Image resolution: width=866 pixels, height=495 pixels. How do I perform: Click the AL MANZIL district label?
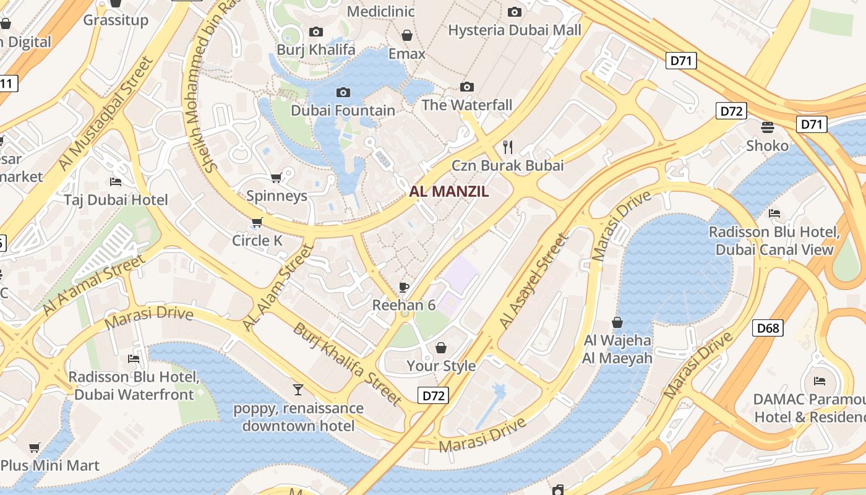pyautogui.click(x=457, y=191)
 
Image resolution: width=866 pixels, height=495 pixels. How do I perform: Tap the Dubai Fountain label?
pyautogui.click(x=343, y=111)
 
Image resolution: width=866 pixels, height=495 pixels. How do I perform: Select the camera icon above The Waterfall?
pyautogui.click(x=467, y=87)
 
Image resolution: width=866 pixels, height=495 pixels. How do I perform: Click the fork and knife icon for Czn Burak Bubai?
pyautogui.click(x=508, y=147)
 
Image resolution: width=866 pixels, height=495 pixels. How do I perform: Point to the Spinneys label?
pyautogui.click(x=277, y=196)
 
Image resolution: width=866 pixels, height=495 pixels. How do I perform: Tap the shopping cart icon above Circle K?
pyautogui.click(x=257, y=222)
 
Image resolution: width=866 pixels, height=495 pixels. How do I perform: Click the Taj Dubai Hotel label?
pyautogui.click(x=116, y=200)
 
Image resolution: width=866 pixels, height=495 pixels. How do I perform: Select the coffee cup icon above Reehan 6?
pyautogui.click(x=404, y=287)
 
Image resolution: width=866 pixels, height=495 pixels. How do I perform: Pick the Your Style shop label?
pyautogui.click(x=441, y=366)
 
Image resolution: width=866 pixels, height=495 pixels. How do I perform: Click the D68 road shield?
pyautogui.click(x=768, y=327)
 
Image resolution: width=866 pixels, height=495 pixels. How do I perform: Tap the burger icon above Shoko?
pyautogui.click(x=768, y=127)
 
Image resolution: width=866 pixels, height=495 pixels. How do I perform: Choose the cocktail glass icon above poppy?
pyautogui.click(x=298, y=390)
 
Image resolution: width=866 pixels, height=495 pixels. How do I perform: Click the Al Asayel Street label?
pyautogui.click(x=534, y=282)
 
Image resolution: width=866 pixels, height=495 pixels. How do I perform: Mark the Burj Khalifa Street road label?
pyautogui.click(x=348, y=364)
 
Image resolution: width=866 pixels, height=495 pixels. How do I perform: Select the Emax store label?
pyautogui.click(x=406, y=54)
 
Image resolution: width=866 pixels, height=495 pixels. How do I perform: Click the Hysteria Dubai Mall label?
pyautogui.click(x=514, y=30)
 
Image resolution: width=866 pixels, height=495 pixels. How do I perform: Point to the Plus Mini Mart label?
pyautogui.click(x=50, y=465)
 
